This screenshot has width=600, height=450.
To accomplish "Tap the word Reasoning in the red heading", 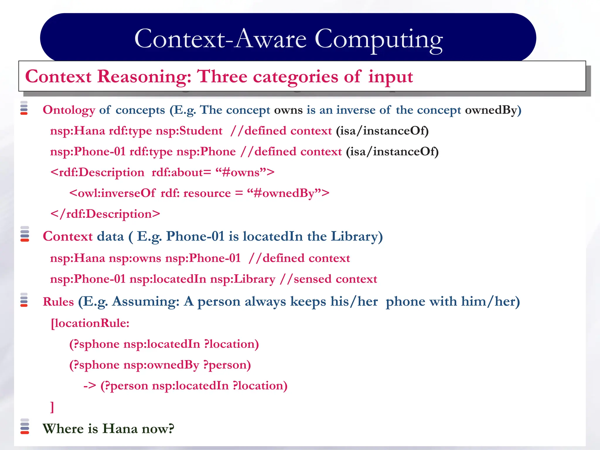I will [x=144, y=77].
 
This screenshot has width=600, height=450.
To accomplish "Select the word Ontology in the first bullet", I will [x=69, y=110].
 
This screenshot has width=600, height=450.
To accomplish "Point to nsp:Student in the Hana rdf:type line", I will [x=189, y=131].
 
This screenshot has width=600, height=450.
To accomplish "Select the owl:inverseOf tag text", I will [x=112, y=193].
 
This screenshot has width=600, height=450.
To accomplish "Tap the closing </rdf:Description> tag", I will [x=105, y=214].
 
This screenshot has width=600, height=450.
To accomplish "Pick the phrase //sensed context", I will [x=328, y=279].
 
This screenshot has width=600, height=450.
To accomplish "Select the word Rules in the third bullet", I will [x=58, y=302].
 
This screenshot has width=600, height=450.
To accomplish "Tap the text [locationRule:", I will [x=90, y=323].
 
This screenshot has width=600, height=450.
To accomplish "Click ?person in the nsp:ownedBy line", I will [x=227, y=365].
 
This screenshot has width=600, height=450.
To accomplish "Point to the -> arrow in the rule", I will [x=90, y=386].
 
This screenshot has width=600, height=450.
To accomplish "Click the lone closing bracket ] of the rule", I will [x=52, y=407].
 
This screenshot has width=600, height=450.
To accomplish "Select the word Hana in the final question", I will [x=120, y=429].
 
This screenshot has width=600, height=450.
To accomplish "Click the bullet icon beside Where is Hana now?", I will [x=25, y=427].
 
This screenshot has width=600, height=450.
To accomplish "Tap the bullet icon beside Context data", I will [x=25, y=234].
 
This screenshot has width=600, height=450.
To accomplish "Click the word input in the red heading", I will [x=390, y=77].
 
